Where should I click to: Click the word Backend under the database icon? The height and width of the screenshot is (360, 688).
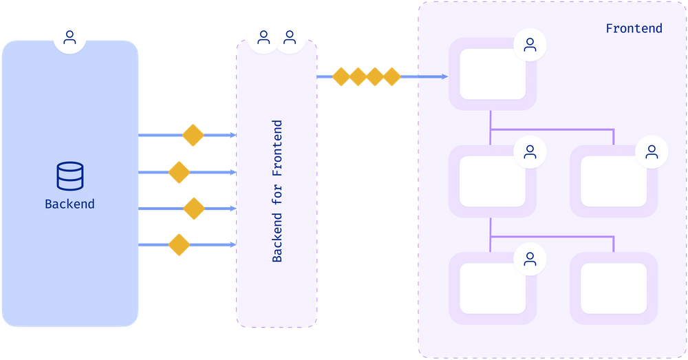(x=69, y=204)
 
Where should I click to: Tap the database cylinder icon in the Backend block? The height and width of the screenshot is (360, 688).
(x=69, y=176)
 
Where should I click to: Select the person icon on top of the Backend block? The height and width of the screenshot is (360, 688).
(x=69, y=37)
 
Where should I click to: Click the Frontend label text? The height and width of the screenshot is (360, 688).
(x=634, y=28)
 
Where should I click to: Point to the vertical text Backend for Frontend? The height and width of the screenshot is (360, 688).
(x=277, y=191)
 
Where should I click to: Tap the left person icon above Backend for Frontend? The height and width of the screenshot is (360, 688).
(x=264, y=37)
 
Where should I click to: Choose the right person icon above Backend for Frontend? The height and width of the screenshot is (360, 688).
(x=290, y=37)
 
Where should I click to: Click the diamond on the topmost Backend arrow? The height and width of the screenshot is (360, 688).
(x=193, y=135)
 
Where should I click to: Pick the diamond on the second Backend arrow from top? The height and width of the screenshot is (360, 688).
(x=179, y=172)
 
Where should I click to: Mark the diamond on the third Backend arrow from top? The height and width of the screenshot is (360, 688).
(x=194, y=209)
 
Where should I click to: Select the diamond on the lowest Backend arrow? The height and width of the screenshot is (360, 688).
(x=179, y=244)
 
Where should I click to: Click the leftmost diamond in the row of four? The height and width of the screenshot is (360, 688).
(x=341, y=77)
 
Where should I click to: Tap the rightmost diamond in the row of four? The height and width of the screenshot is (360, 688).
(x=392, y=77)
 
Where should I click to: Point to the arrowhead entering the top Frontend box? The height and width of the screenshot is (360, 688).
(x=444, y=77)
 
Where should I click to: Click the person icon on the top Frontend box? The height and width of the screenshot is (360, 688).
(x=530, y=45)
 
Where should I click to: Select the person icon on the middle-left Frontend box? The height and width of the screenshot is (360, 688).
(x=530, y=152)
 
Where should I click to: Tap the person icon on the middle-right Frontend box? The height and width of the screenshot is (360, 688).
(x=652, y=152)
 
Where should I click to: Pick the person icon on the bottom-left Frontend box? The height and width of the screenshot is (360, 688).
(x=530, y=259)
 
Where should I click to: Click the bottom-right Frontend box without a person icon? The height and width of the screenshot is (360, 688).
(x=614, y=288)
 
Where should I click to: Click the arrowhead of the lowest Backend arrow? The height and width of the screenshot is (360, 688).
(x=233, y=244)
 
